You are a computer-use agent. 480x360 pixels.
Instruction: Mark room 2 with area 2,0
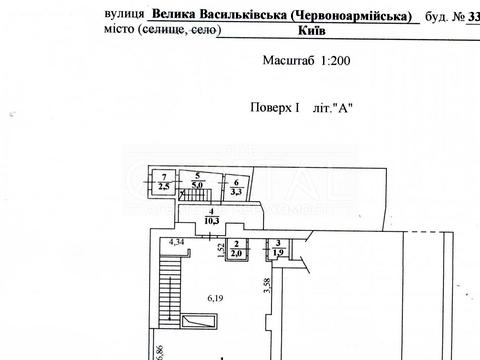click(x=237, y=249)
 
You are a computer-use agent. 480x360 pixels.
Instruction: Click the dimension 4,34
click(x=177, y=242)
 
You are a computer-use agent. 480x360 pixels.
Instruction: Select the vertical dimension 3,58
click(x=267, y=287)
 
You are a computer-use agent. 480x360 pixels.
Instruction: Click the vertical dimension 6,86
click(x=158, y=351)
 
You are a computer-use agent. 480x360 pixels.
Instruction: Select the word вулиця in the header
click(x=124, y=16)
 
